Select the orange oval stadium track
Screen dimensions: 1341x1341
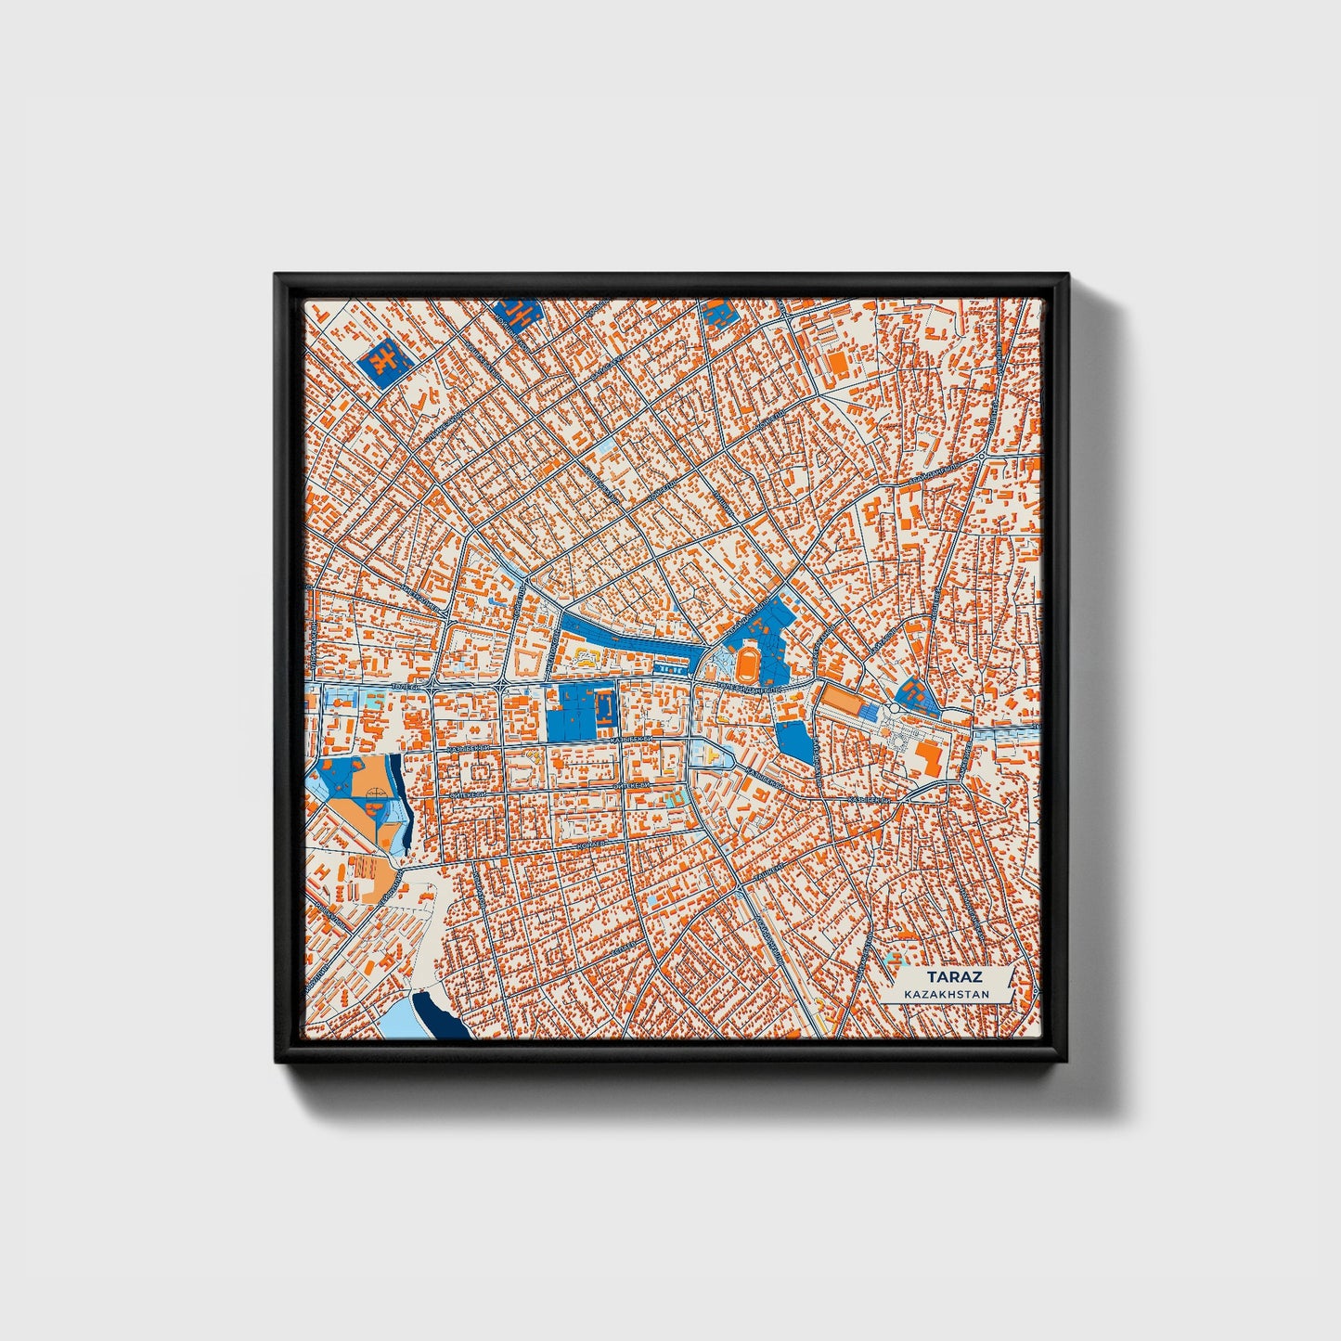[x=749, y=663]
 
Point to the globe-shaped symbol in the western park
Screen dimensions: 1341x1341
[x=376, y=793]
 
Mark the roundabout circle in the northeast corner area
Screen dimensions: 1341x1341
[x=981, y=458]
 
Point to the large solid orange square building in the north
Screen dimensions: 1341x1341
[x=838, y=362]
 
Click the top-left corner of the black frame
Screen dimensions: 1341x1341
[x=277, y=276]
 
